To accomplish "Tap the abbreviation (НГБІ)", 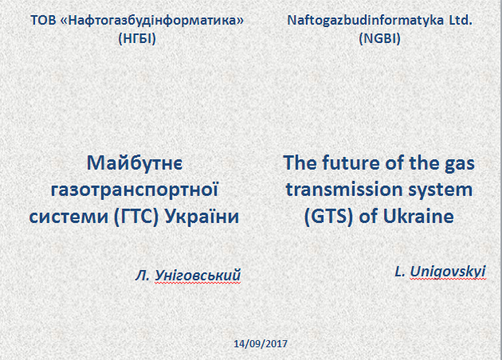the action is click(x=137, y=39).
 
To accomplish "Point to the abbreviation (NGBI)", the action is click(x=380, y=39).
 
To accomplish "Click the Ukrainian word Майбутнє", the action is click(x=135, y=163).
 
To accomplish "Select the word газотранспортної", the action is click(x=135, y=190).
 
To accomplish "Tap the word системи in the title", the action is click(x=69, y=217).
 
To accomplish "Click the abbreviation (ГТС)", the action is click(x=136, y=217).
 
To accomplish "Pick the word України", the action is click(x=202, y=216).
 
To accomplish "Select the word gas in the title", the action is click(x=459, y=165).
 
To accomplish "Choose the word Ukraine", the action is click(x=418, y=216).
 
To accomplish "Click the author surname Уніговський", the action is click(x=198, y=276).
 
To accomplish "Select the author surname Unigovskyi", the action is click(x=448, y=272).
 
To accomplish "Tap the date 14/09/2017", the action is click(x=261, y=344).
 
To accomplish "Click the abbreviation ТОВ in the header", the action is click(x=43, y=21).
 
